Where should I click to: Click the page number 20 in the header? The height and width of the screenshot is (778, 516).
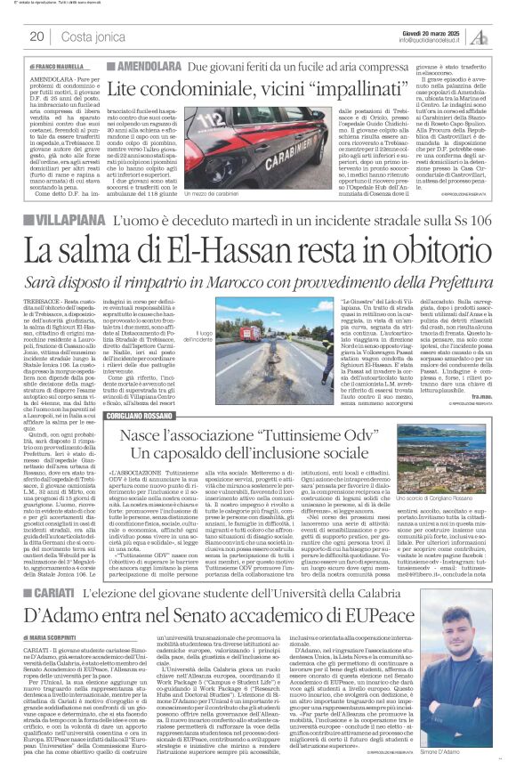pyautogui.click(x=36, y=36)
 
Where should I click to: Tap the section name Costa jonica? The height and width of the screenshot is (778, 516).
pyautogui.click(x=92, y=36)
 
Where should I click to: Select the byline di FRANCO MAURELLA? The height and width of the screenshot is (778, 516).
pyautogui.click(x=55, y=67)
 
